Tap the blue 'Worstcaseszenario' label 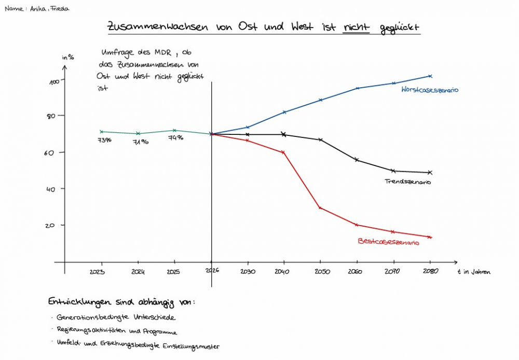430,90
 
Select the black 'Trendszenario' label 408,182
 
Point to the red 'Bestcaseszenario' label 388,242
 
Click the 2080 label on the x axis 429,271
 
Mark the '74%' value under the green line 175,138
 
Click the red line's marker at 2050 320,208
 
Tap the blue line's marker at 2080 430,76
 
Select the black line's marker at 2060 357,160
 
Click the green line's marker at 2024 138,134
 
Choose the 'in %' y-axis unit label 68,57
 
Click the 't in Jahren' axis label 473,271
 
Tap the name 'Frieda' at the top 59,9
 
